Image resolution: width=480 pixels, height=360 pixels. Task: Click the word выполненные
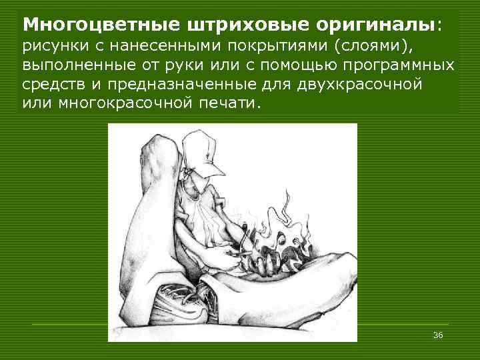[73, 67]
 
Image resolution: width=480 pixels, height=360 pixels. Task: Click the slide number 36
[438, 334]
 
